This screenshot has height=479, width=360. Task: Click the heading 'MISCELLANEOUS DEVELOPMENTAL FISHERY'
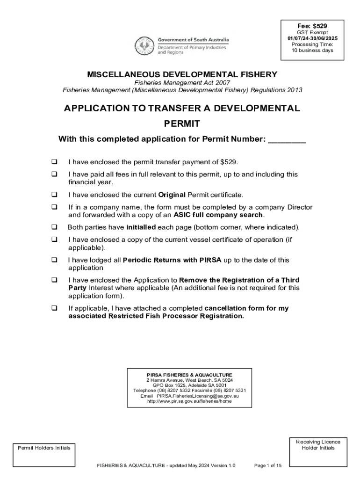pos(182,74)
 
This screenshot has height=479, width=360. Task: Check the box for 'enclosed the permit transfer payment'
pos(54,162)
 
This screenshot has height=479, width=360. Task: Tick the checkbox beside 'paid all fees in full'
pos(54,174)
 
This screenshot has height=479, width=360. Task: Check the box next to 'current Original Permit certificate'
pos(54,194)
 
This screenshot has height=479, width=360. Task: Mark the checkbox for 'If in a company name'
pos(54,207)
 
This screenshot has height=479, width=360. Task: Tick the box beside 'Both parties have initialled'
pos(54,227)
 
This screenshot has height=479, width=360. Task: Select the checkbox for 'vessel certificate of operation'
pos(54,239)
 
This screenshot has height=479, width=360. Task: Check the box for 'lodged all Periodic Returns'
pos(54,260)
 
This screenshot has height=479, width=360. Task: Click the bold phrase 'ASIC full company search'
pos(218,215)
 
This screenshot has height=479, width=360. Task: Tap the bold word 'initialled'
pos(141,227)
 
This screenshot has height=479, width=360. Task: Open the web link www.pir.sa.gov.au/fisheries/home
pos(189,401)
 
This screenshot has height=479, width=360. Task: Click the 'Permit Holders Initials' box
pos(44,454)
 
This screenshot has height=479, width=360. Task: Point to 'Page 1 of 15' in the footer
pos(267,465)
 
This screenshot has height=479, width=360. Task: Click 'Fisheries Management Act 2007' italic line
pos(182,83)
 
